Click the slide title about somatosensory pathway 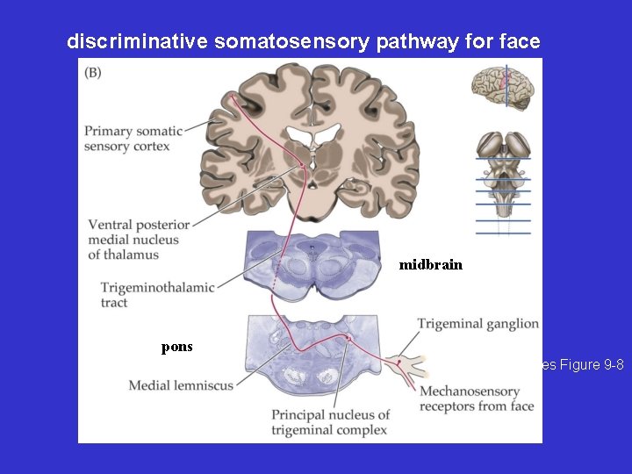point(303,40)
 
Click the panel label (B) point(93,72)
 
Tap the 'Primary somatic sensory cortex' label point(133,139)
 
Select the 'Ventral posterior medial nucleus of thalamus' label point(139,240)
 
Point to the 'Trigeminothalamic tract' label point(157,295)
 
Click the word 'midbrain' point(430,264)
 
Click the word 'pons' point(176,347)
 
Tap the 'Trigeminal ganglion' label point(478,324)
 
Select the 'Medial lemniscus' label point(181,385)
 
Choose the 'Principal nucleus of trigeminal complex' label point(330,422)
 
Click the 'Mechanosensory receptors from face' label point(477,399)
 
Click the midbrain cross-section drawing point(311,263)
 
